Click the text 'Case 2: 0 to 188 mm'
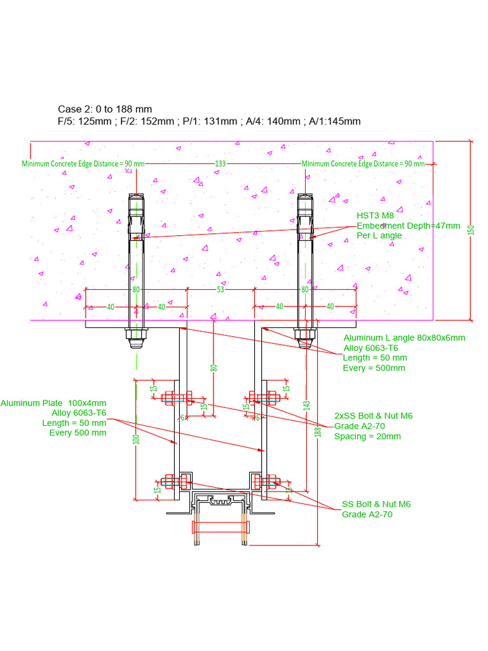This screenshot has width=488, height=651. (105, 109)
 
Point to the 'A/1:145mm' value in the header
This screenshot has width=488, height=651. (335, 121)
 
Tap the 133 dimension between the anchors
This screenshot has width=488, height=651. (220, 163)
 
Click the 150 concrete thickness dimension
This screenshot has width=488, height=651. (471, 231)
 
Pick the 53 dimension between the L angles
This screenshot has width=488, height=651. (220, 290)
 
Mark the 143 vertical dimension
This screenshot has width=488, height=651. (307, 404)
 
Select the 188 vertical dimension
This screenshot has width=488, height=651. (318, 431)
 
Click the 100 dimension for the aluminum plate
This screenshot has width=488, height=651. (135, 439)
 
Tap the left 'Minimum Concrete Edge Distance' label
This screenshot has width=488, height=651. (83, 163)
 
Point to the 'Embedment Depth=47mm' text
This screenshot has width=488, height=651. (408, 226)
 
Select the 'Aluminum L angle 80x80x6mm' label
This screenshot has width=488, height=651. (404, 338)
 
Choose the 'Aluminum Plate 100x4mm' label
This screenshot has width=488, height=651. (53, 403)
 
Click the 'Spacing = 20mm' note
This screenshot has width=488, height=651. (367, 436)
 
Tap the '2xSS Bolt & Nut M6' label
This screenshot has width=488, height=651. (374, 416)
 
